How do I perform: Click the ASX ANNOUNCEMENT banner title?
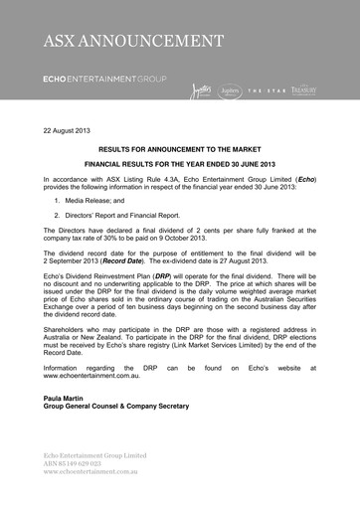133,41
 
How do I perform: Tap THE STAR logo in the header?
267,91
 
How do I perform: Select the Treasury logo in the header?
304,90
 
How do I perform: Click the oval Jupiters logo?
231,90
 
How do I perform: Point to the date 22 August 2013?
67,131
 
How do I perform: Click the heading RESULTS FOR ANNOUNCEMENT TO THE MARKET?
180,145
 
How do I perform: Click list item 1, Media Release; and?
93,200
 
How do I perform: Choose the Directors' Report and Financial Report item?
116,214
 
